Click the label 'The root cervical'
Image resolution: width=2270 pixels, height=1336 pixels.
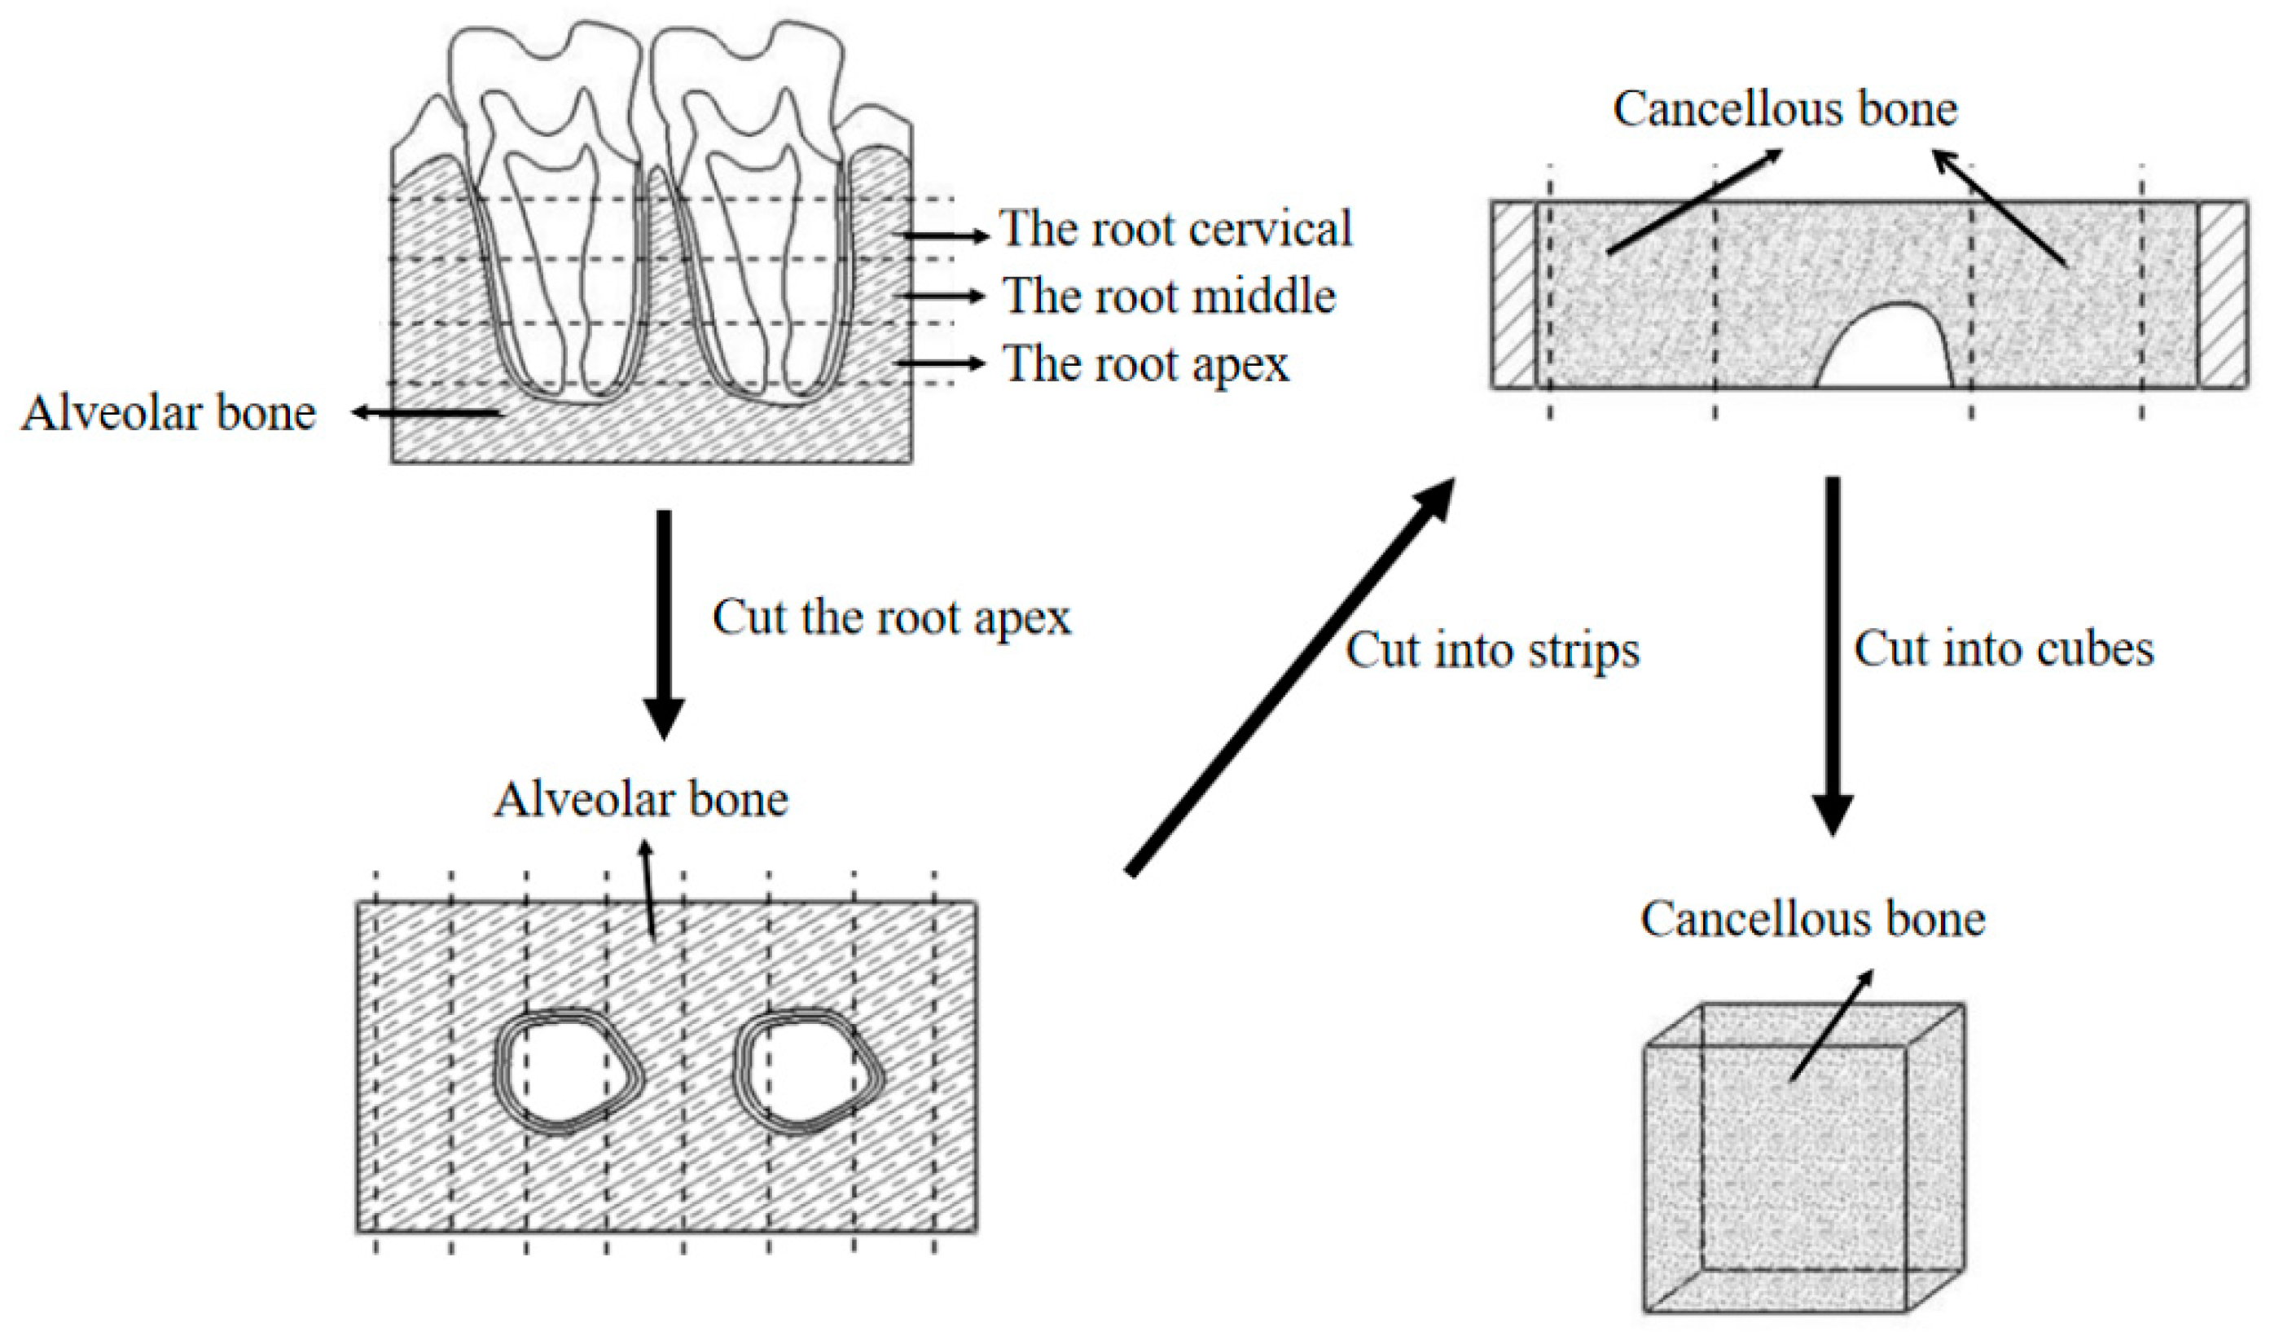click(1175, 229)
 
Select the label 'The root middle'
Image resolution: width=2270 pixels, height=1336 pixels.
click(1170, 297)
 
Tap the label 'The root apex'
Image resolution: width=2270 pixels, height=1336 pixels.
click(1147, 364)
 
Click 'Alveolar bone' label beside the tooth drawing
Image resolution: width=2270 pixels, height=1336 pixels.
click(169, 414)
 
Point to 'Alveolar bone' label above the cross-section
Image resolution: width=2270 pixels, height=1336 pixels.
click(640, 799)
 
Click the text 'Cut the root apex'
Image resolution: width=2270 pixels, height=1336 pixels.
click(892, 618)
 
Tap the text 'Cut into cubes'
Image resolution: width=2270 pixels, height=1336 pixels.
click(2004, 648)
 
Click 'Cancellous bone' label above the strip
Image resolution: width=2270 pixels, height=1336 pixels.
click(1785, 109)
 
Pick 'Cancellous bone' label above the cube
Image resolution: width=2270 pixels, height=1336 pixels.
click(1812, 919)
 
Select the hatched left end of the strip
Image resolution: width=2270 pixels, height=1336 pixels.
click(1514, 295)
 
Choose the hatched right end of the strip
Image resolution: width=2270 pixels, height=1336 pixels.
click(2223, 295)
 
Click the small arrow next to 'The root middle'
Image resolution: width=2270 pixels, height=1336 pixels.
click(942, 296)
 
